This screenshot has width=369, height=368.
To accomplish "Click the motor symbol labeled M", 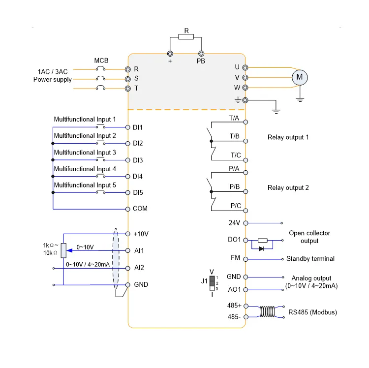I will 299,77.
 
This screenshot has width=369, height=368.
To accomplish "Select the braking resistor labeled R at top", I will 186,36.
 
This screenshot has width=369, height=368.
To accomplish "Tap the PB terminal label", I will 201,61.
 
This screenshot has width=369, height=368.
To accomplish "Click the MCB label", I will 101,61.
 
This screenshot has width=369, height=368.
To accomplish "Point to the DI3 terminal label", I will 138,160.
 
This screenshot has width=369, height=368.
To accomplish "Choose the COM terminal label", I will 140,209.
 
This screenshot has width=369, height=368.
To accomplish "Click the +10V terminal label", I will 140,233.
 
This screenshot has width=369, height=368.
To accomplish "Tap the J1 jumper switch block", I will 213,284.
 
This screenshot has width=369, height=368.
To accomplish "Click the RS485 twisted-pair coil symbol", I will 267,311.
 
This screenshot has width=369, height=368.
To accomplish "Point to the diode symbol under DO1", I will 261,248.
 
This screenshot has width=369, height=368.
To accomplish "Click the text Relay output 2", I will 288,187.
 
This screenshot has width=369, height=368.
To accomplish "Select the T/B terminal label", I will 234,135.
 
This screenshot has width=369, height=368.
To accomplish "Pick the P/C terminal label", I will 235,206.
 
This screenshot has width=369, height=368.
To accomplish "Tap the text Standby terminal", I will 310,258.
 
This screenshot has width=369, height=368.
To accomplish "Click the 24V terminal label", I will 234,222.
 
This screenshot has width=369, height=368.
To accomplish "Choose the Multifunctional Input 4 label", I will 85,169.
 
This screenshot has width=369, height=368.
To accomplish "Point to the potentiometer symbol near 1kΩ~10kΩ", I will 63,250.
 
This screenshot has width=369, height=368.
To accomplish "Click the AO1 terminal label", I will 234,290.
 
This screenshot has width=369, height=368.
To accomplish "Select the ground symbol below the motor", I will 299,98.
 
